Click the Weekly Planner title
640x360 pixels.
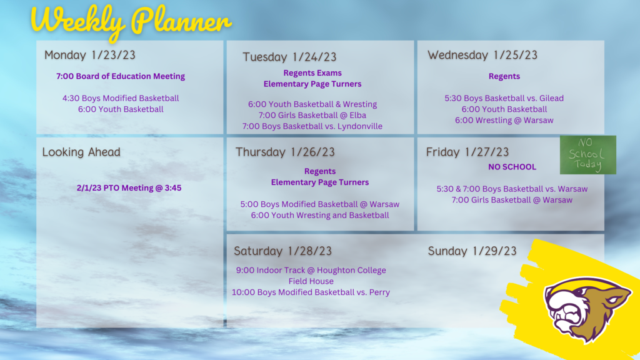[x=131, y=21]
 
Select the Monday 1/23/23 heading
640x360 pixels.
[x=90, y=55]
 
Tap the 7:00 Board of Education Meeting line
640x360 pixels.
[x=121, y=76]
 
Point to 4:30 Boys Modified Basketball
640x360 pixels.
[x=121, y=98]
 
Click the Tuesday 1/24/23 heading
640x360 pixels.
[x=289, y=57]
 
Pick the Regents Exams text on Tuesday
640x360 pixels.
[x=312, y=73]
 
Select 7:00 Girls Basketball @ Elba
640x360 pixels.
[x=312, y=116]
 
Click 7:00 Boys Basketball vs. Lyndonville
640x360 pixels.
[x=312, y=126]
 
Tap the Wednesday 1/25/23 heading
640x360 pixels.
[x=482, y=55]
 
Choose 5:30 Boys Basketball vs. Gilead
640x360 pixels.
[x=504, y=98]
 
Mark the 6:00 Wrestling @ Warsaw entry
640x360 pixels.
[x=504, y=121]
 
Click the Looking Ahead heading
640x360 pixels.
[x=81, y=152]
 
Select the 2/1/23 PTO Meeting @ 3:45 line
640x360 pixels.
[x=129, y=188]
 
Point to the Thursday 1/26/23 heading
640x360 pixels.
[x=285, y=152]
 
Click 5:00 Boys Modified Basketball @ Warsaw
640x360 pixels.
[x=319, y=204]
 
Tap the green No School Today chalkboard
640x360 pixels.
[x=587, y=155]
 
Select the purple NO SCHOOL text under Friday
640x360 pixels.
[x=512, y=167]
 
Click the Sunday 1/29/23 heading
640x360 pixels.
[x=472, y=251]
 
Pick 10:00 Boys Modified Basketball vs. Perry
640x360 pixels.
[x=311, y=292]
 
